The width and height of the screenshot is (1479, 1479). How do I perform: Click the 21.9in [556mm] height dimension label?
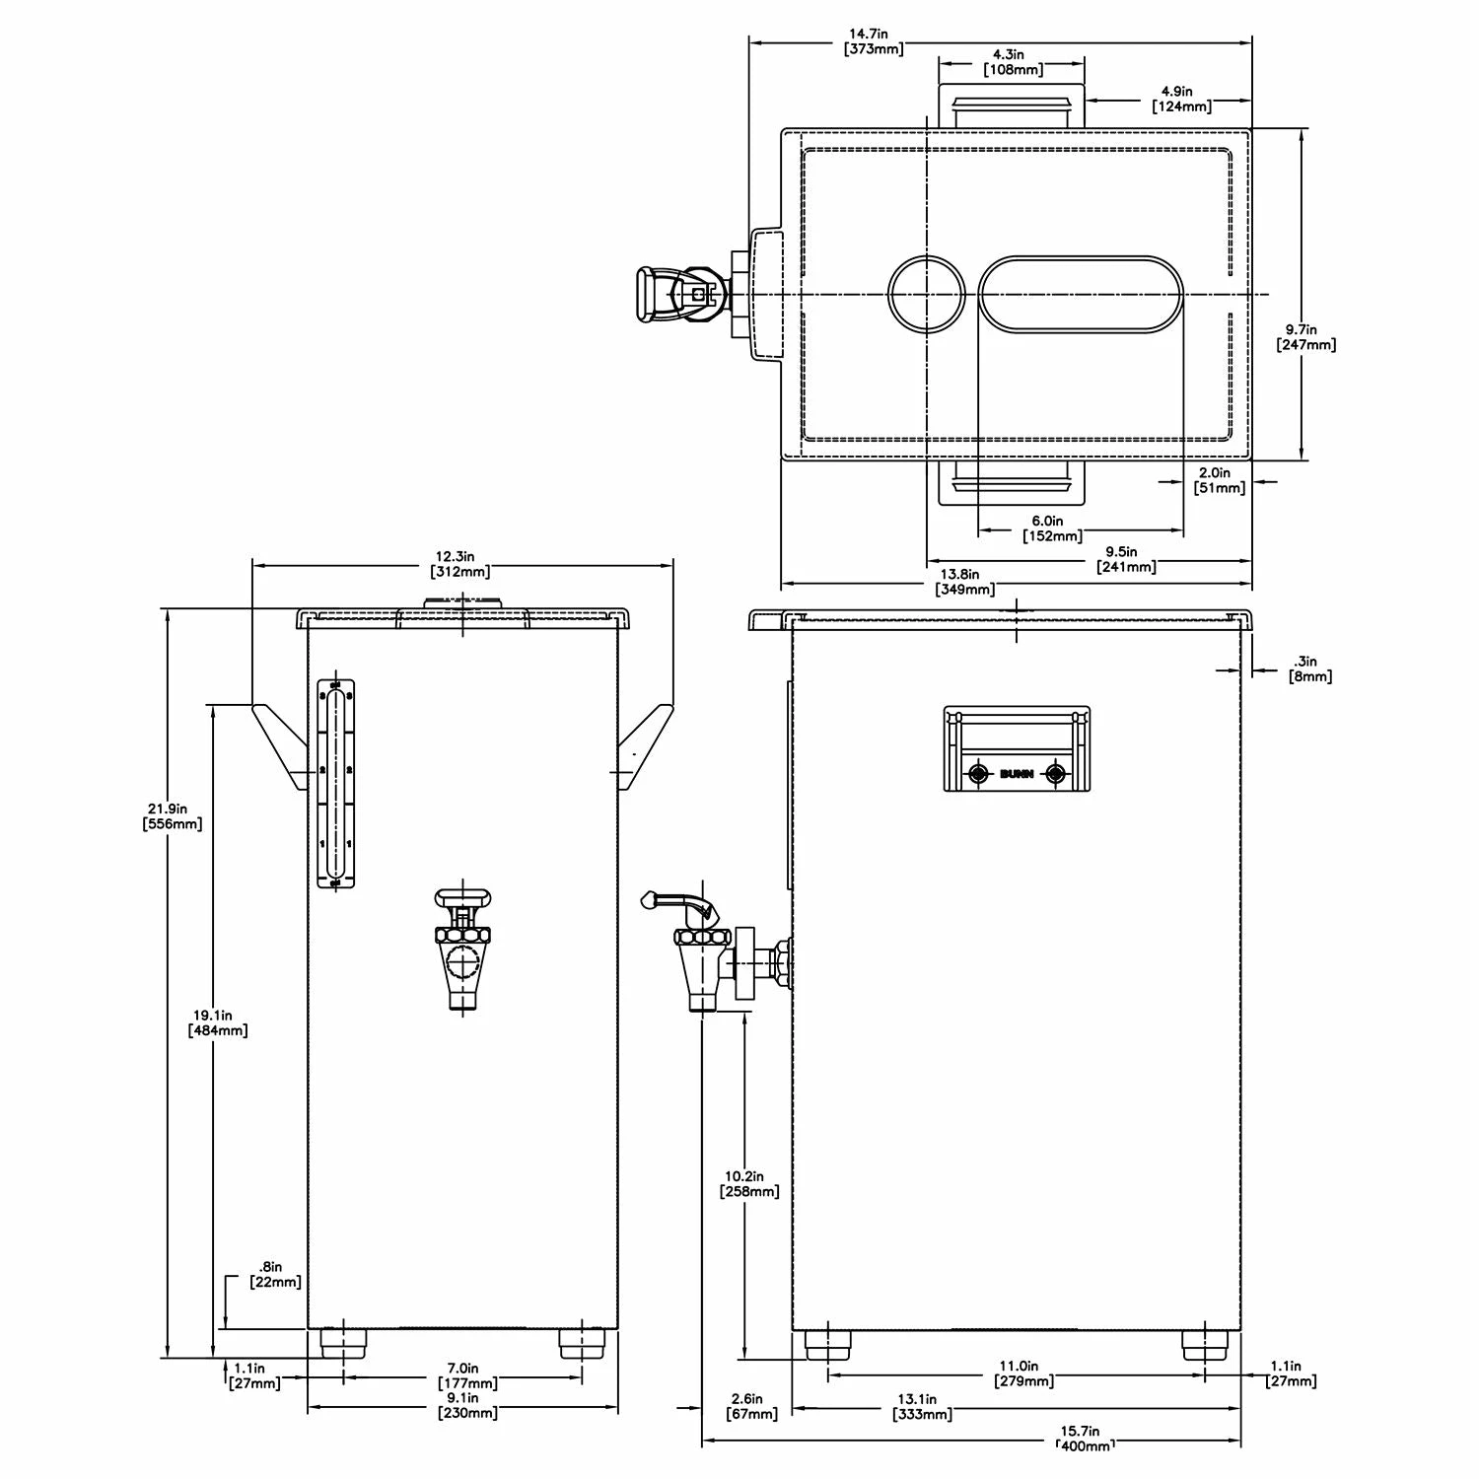tap(173, 815)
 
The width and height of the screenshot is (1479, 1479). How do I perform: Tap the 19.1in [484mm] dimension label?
tap(217, 1022)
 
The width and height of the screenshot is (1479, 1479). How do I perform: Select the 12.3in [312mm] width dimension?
tap(460, 564)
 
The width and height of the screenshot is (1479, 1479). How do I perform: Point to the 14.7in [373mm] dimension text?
tap(875, 40)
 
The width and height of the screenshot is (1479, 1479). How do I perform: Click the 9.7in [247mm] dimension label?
tap(1305, 336)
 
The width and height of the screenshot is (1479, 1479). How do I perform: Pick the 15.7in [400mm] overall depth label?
tap(1086, 1438)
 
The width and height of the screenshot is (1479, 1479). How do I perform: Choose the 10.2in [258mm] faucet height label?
tap(749, 1183)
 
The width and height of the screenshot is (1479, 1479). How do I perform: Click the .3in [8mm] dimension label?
tap(1310, 668)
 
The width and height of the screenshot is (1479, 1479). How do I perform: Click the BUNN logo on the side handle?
tap(1017, 774)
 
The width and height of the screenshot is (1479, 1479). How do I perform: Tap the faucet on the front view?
tap(461, 947)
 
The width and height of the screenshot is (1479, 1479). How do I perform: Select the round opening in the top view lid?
tap(926, 294)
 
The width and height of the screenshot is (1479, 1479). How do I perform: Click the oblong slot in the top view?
tap(1082, 294)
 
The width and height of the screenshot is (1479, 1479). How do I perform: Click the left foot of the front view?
tap(343, 1342)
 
